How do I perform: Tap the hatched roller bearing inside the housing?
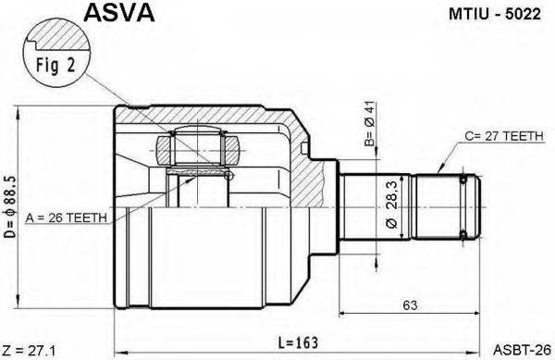pos(198,148)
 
